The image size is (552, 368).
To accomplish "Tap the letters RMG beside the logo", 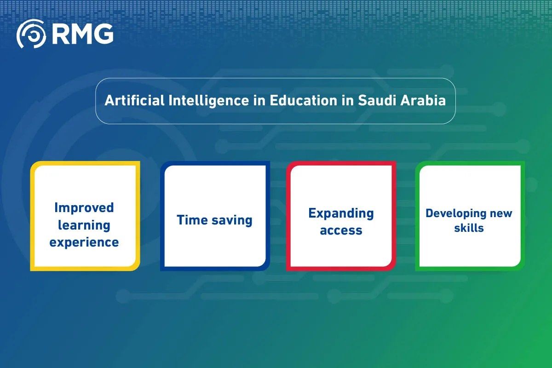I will point(82,34).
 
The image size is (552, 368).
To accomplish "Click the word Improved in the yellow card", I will point(84,207).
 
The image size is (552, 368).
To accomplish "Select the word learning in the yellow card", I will point(84,225).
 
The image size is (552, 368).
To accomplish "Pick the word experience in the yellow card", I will point(84,242).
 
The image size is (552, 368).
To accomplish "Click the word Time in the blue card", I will point(192,220).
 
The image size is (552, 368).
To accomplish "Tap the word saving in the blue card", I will point(231,220).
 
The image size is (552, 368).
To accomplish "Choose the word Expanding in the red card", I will point(341,213).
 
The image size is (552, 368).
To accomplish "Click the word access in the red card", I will point(341,230).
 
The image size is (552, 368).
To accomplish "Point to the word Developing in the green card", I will point(456,213).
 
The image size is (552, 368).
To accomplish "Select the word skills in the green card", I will point(469,228).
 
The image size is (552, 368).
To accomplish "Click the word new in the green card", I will point(500,213).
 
